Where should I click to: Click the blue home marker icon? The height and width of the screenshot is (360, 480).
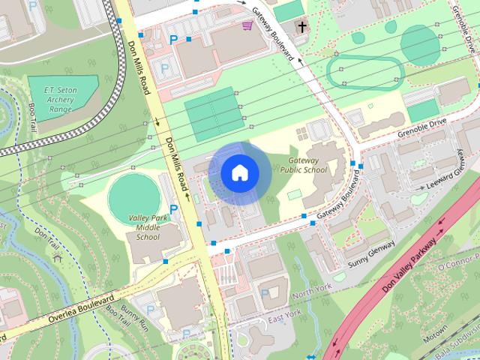[238, 172]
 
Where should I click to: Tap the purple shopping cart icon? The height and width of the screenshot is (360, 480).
[247, 26]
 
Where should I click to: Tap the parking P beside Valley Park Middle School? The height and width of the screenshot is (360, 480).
[175, 208]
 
